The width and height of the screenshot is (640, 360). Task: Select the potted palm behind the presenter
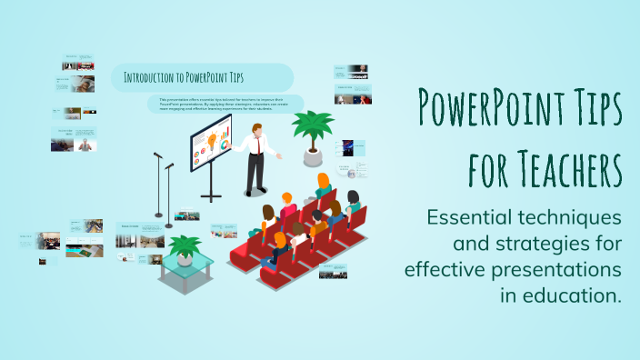(313, 132)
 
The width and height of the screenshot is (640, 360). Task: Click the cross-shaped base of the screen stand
(212, 195)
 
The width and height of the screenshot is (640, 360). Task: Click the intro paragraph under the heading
(222, 103)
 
